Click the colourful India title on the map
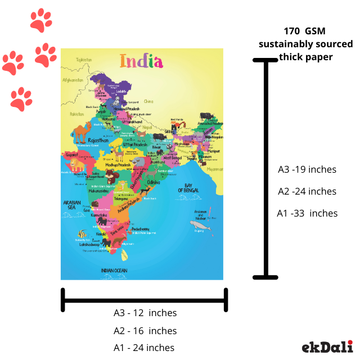(x=141, y=61)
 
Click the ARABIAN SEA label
(x=73, y=205)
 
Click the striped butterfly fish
(x=83, y=234)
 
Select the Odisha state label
(x=153, y=182)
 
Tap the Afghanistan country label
(x=73, y=80)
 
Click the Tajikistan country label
(x=83, y=60)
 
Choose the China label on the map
(x=148, y=101)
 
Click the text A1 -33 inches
(x=307, y=213)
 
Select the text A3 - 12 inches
(x=145, y=313)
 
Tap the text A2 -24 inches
(x=307, y=191)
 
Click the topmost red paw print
(x=40, y=20)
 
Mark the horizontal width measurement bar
(x=145, y=299)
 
